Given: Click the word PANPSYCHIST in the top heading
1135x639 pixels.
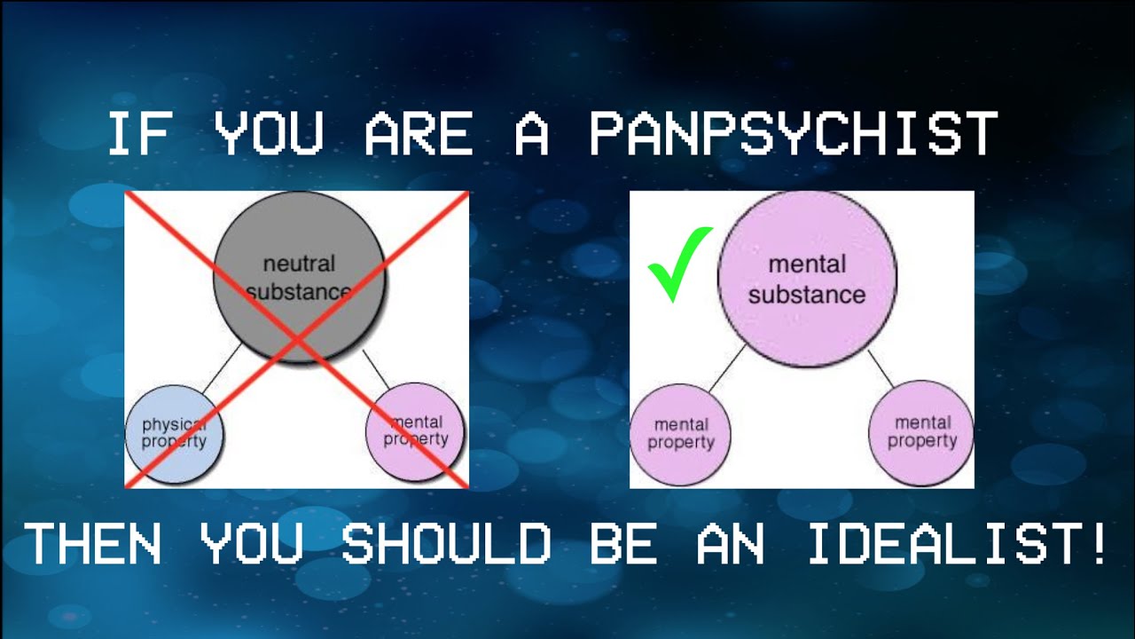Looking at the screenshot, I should pos(794,135).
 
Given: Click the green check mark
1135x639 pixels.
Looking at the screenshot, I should pos(679,264).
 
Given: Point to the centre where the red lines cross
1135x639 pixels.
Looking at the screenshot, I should pos(296,339).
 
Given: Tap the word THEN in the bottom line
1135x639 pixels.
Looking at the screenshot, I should pos(93,543).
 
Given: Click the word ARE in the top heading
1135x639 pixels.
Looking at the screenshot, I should pos(418,135).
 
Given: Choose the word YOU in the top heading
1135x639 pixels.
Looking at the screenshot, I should pos(270,135).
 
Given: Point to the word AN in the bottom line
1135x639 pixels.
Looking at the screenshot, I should pos(731,543).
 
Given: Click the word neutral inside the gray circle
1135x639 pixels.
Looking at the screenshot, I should pos(299,264).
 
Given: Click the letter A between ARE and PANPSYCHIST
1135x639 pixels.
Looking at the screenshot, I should pos(531,135).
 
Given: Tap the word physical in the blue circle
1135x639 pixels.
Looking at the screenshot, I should pos(174,424).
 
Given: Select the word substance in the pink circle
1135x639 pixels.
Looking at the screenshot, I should pos(806,295).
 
